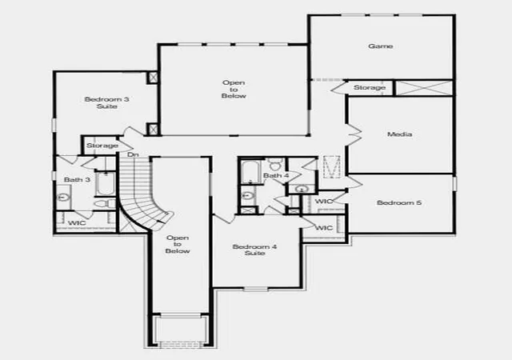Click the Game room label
[381, 46]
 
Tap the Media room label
[399, 134]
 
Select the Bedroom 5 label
[399, 203]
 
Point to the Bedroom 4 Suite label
[254, 250]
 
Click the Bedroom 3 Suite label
[106, 102]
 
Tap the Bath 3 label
[77, 180]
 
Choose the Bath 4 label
[276, 176]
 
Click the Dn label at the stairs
[133, 154]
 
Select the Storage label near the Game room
[370, 87]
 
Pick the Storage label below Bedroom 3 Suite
[102, 146]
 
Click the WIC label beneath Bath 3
[77, 223]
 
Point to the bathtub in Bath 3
[105, 183]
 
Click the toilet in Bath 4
[276, 164]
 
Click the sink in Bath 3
[62, 198]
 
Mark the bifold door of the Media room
[354, 134]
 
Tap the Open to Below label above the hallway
[234, 90]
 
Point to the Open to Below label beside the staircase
[178, 245]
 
